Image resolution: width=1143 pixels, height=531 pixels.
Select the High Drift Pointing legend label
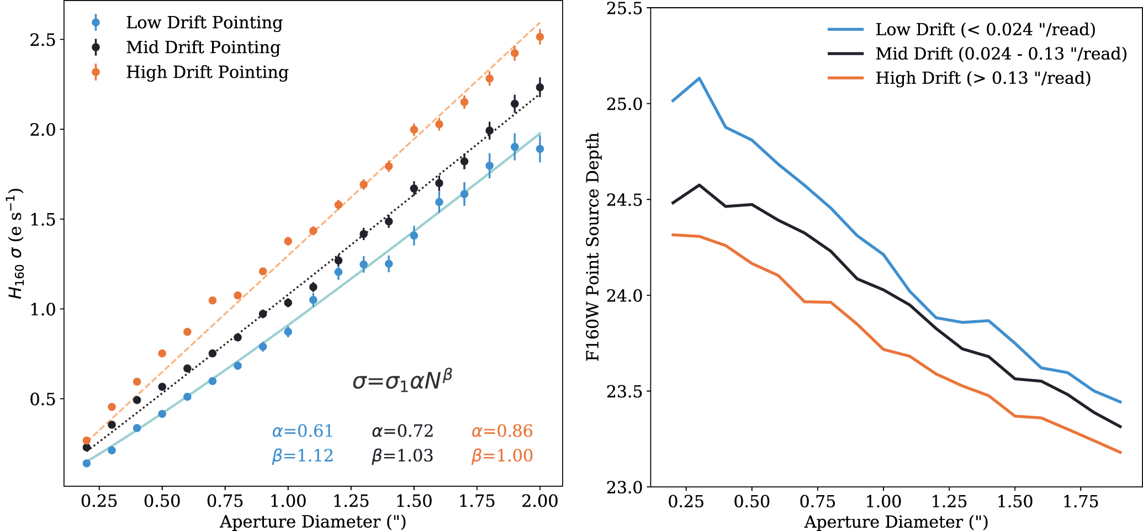coord(207,72)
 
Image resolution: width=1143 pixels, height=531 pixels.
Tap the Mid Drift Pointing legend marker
coord(96,47)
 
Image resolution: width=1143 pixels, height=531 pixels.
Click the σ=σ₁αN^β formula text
coord(403,381)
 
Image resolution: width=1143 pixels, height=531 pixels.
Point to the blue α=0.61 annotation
coord(303,431)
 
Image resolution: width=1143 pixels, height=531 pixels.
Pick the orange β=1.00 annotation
coord(502,456)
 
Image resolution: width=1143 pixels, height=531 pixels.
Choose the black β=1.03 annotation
coord(402,456)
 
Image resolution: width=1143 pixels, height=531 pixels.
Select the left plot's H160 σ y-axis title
coord(16,243)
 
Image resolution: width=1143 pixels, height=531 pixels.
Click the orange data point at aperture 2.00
coord(540,37)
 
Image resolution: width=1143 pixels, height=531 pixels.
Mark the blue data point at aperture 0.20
coord(87,463)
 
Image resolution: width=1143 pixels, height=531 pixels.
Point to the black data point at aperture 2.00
coord(540,87)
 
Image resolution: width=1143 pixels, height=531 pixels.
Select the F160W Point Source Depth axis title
coord(593,247)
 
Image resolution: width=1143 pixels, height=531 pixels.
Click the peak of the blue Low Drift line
coord(699,78)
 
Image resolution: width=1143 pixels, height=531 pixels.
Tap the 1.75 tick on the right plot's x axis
coord(1081,501)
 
